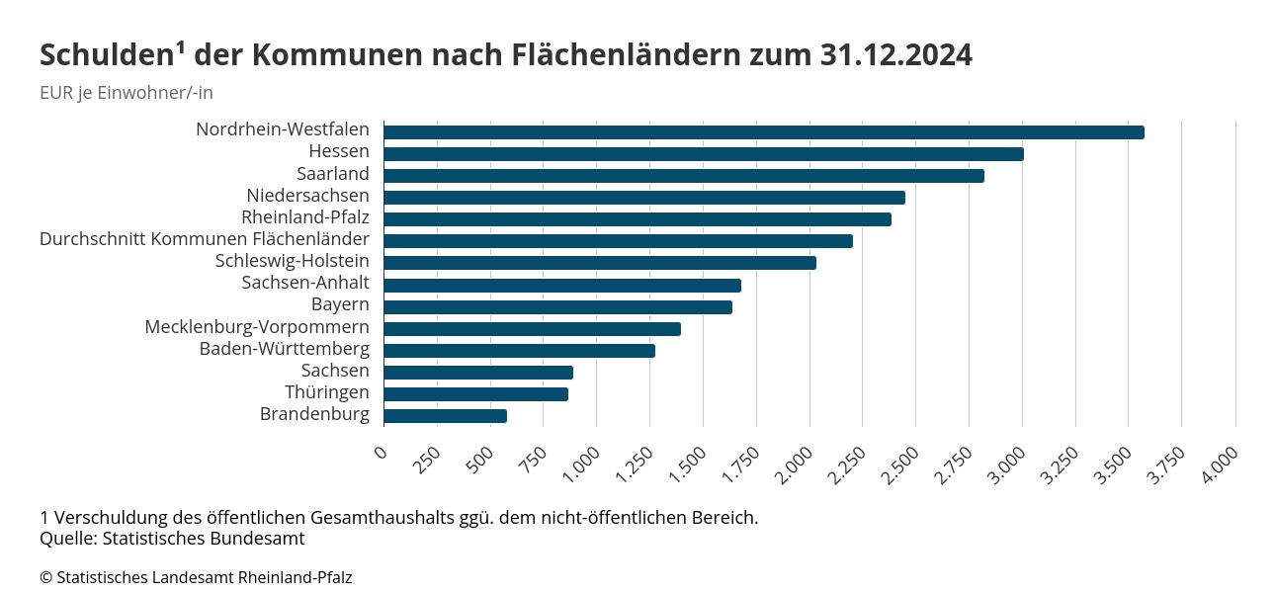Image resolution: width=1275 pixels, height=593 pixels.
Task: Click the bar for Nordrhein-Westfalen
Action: (x=763, y=132)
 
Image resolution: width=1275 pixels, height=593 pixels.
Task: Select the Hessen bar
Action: (x=703, y=154)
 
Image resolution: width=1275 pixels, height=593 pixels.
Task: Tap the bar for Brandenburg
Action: (x=445, y=416)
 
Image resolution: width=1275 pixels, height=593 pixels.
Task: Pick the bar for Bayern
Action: (x=557, y=307)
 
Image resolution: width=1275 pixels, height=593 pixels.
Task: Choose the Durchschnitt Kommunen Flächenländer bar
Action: (x=618, y=241)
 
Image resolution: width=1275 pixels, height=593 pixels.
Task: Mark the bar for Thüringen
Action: (x=475, y=394)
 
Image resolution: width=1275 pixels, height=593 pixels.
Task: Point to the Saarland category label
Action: (x=332, y=174)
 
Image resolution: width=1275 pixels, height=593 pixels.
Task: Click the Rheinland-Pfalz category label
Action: (x=304, y=217)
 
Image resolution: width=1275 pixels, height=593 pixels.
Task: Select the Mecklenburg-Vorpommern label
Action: (x=257, y=327)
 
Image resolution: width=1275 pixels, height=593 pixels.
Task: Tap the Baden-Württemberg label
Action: (x=284, y=349)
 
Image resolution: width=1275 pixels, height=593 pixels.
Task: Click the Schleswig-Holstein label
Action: (x=292, y=261)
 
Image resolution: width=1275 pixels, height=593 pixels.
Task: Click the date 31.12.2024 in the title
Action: (x=895, y=55)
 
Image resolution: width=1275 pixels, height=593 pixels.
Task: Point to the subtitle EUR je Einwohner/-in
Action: (x=127, y=93)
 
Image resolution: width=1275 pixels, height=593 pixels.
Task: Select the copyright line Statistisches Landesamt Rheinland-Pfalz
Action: (x=196, y=577)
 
